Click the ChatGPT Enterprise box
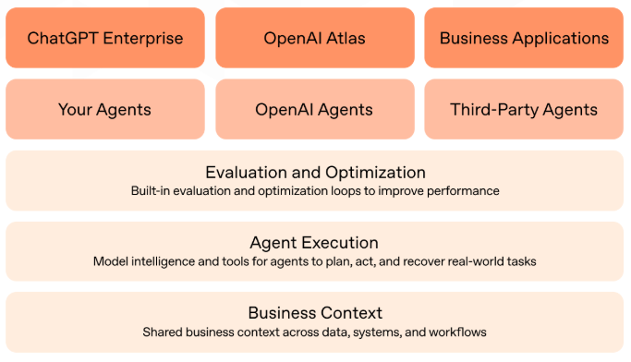(x=105, y=38)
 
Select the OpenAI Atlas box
(x=315, y=38)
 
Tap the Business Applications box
(x=524, y=38)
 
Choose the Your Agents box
(x=105, y=109)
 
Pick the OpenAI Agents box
(x=315, y=109)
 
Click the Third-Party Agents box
(x=524, y=109)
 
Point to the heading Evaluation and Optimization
(x=315, y=173)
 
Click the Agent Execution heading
(x=315, y=243)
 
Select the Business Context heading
(x=315, y=313)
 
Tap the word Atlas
(x=346, y=39)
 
